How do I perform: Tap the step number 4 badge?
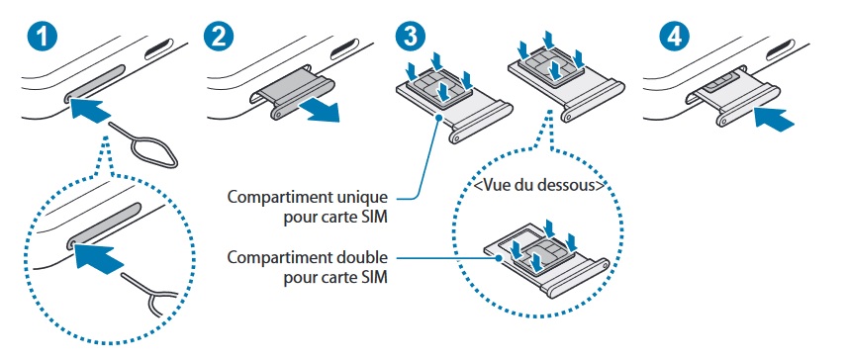675,37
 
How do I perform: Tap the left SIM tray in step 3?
450,99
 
